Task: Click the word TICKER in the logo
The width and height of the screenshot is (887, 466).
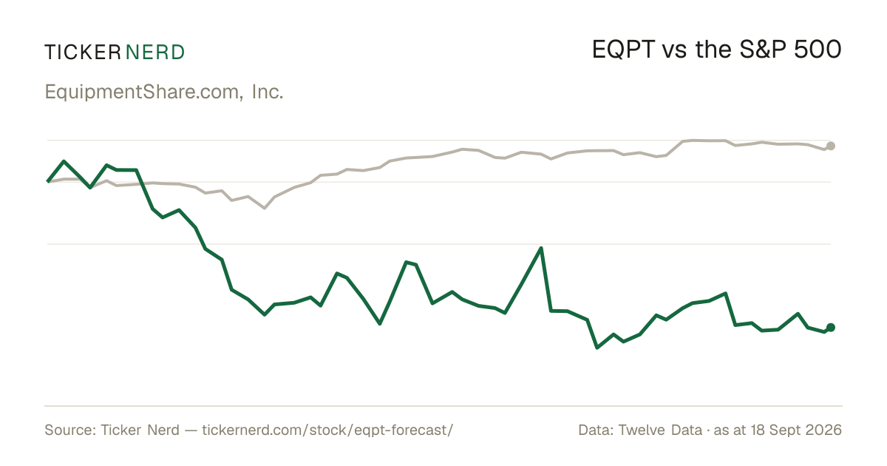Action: (83, 53)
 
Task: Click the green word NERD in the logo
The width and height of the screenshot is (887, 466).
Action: (155, 53)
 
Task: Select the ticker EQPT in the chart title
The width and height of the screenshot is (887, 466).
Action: (623, 50)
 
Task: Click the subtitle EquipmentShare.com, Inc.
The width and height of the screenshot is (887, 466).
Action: (164, 92)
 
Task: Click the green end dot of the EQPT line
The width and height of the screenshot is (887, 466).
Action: (831, 327)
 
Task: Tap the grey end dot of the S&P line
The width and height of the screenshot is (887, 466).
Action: (831, 146)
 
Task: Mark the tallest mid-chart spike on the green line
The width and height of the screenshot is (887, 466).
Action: (541, 248)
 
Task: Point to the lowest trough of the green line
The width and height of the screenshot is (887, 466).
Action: (597, 348)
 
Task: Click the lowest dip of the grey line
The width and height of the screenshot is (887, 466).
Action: (265, 208)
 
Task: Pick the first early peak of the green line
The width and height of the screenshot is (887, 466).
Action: (64, 161)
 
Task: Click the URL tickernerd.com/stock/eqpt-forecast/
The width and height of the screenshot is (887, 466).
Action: (327, 430)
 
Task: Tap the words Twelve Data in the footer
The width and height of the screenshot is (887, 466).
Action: (660, 430)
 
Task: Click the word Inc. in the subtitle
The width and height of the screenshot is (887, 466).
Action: (268, 92)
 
